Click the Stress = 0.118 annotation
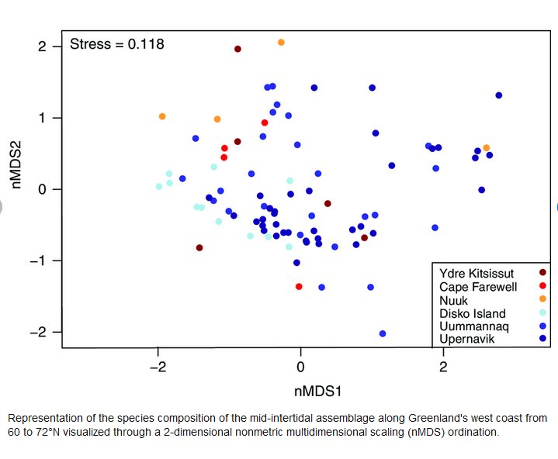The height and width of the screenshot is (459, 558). [116, 44]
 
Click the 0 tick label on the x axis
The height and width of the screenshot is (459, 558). [300, 367]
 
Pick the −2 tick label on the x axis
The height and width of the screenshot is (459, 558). [158, 367]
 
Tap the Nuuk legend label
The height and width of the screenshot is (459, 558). [454, 299]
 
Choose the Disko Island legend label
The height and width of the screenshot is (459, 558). [473, 313]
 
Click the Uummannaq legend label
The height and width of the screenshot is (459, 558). [474, 326]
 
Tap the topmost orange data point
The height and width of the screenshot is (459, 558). [281, 42]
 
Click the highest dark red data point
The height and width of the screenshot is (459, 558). [237, 49]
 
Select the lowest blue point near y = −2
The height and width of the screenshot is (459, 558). [383, 333]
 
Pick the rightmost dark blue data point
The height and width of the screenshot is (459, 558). [499, 95]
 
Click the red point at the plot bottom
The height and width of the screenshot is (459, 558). [299, 286]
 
